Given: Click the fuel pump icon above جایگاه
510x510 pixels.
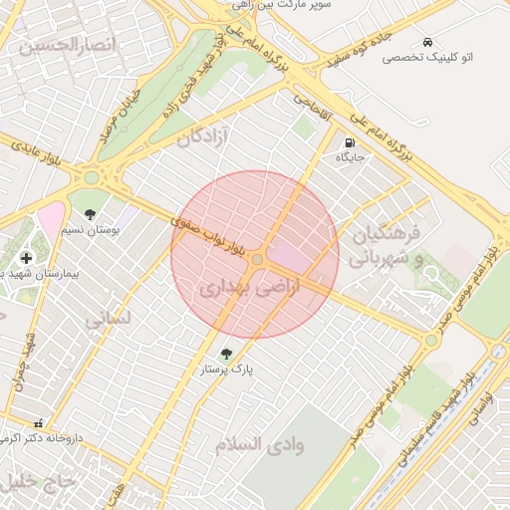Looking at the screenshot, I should click(350, 141).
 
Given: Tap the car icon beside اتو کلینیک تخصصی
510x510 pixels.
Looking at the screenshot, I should click(427, 42).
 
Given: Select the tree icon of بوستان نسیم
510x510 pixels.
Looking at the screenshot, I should click(91, 214).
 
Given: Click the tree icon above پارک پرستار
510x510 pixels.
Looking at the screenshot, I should click(225, 353).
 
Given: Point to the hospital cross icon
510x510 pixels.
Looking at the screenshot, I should click(26, 258).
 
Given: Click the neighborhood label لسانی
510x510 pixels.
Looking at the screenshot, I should click(108, 320).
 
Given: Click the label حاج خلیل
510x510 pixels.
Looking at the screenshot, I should click(40, 482).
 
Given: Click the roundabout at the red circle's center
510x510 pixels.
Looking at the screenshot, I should click(257, 259).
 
